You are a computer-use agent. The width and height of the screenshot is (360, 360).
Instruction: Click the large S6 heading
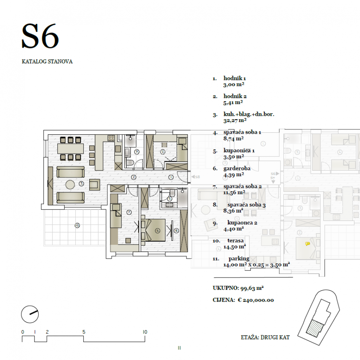tap(40, 37)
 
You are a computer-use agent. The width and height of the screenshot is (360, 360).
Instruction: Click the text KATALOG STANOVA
tap(47, 61)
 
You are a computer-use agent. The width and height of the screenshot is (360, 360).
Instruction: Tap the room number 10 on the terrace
tap(77, 225)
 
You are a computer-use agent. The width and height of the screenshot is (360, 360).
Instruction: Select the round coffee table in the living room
tap(71, 184)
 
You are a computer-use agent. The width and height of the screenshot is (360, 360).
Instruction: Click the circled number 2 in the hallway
tap(133, 177)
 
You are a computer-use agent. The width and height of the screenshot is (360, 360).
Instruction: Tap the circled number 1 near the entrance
tap(171, 177)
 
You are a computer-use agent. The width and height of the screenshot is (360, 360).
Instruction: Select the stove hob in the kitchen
tap(111, 138)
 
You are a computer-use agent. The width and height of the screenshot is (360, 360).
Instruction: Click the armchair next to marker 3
tap(94, 184)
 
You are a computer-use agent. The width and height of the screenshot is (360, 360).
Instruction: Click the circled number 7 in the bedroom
tap(129, 212)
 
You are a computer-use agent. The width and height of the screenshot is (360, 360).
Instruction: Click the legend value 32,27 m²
tap(235, 120)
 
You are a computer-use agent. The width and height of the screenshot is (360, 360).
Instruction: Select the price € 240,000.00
tap(256, 300)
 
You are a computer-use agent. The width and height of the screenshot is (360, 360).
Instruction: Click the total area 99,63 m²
tap(251, 288)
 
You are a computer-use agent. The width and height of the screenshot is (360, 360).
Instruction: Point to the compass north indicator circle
tap(30, 314)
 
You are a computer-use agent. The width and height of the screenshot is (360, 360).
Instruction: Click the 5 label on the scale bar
tap(84, 332)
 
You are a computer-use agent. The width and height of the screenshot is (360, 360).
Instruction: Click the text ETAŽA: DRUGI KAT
tap(265, 337)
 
